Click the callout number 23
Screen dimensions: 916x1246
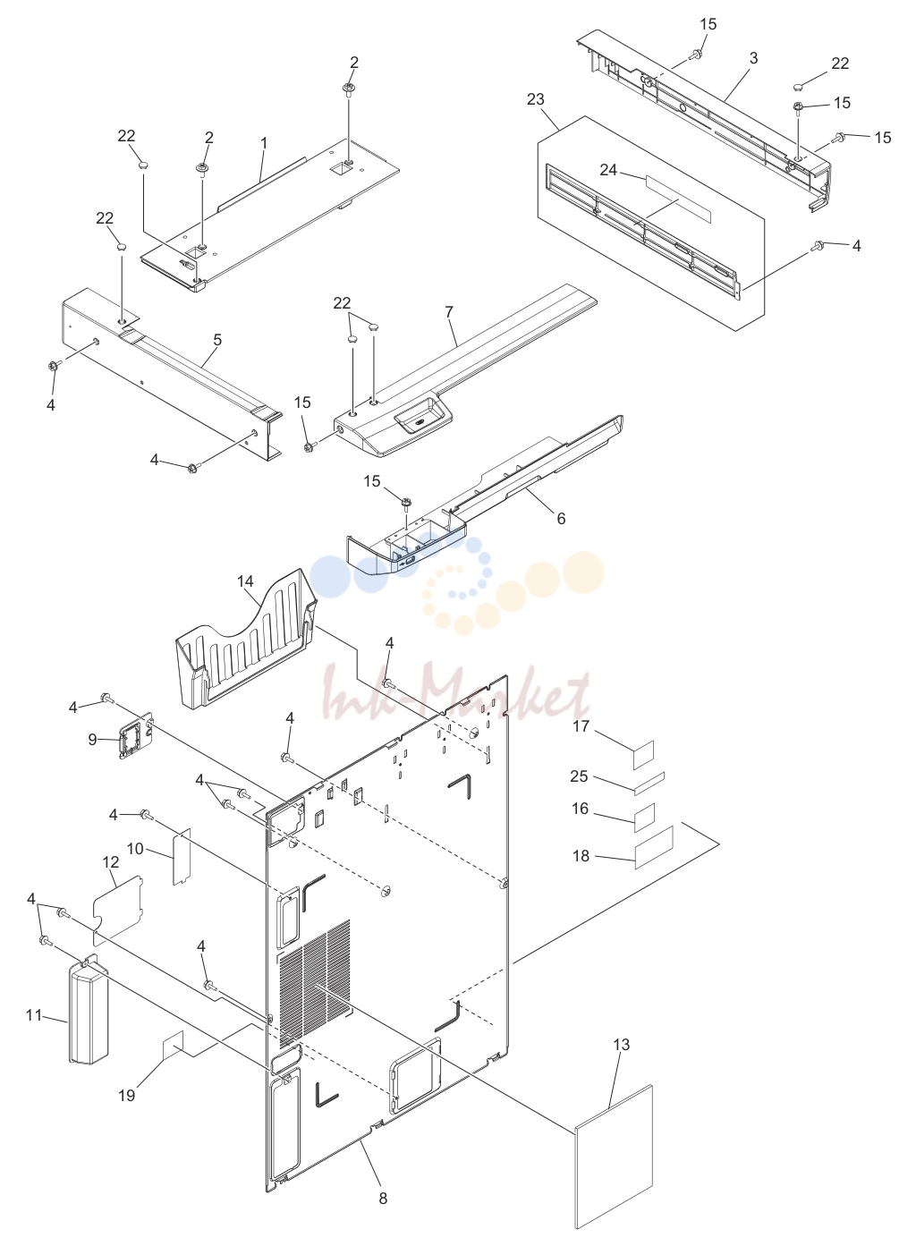[x=535, y=99]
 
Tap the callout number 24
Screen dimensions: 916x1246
[x=608, y=170]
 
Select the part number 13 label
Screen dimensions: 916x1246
[x=621, y=1045]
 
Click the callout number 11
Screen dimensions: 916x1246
[x=34, y=1015]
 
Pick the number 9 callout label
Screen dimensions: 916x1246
[x=92, y=740]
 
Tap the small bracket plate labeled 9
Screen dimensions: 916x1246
[x=134, y=738]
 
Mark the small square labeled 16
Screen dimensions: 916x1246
[x=645, y=818]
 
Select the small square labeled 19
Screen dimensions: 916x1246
[x=173, y=1044]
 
